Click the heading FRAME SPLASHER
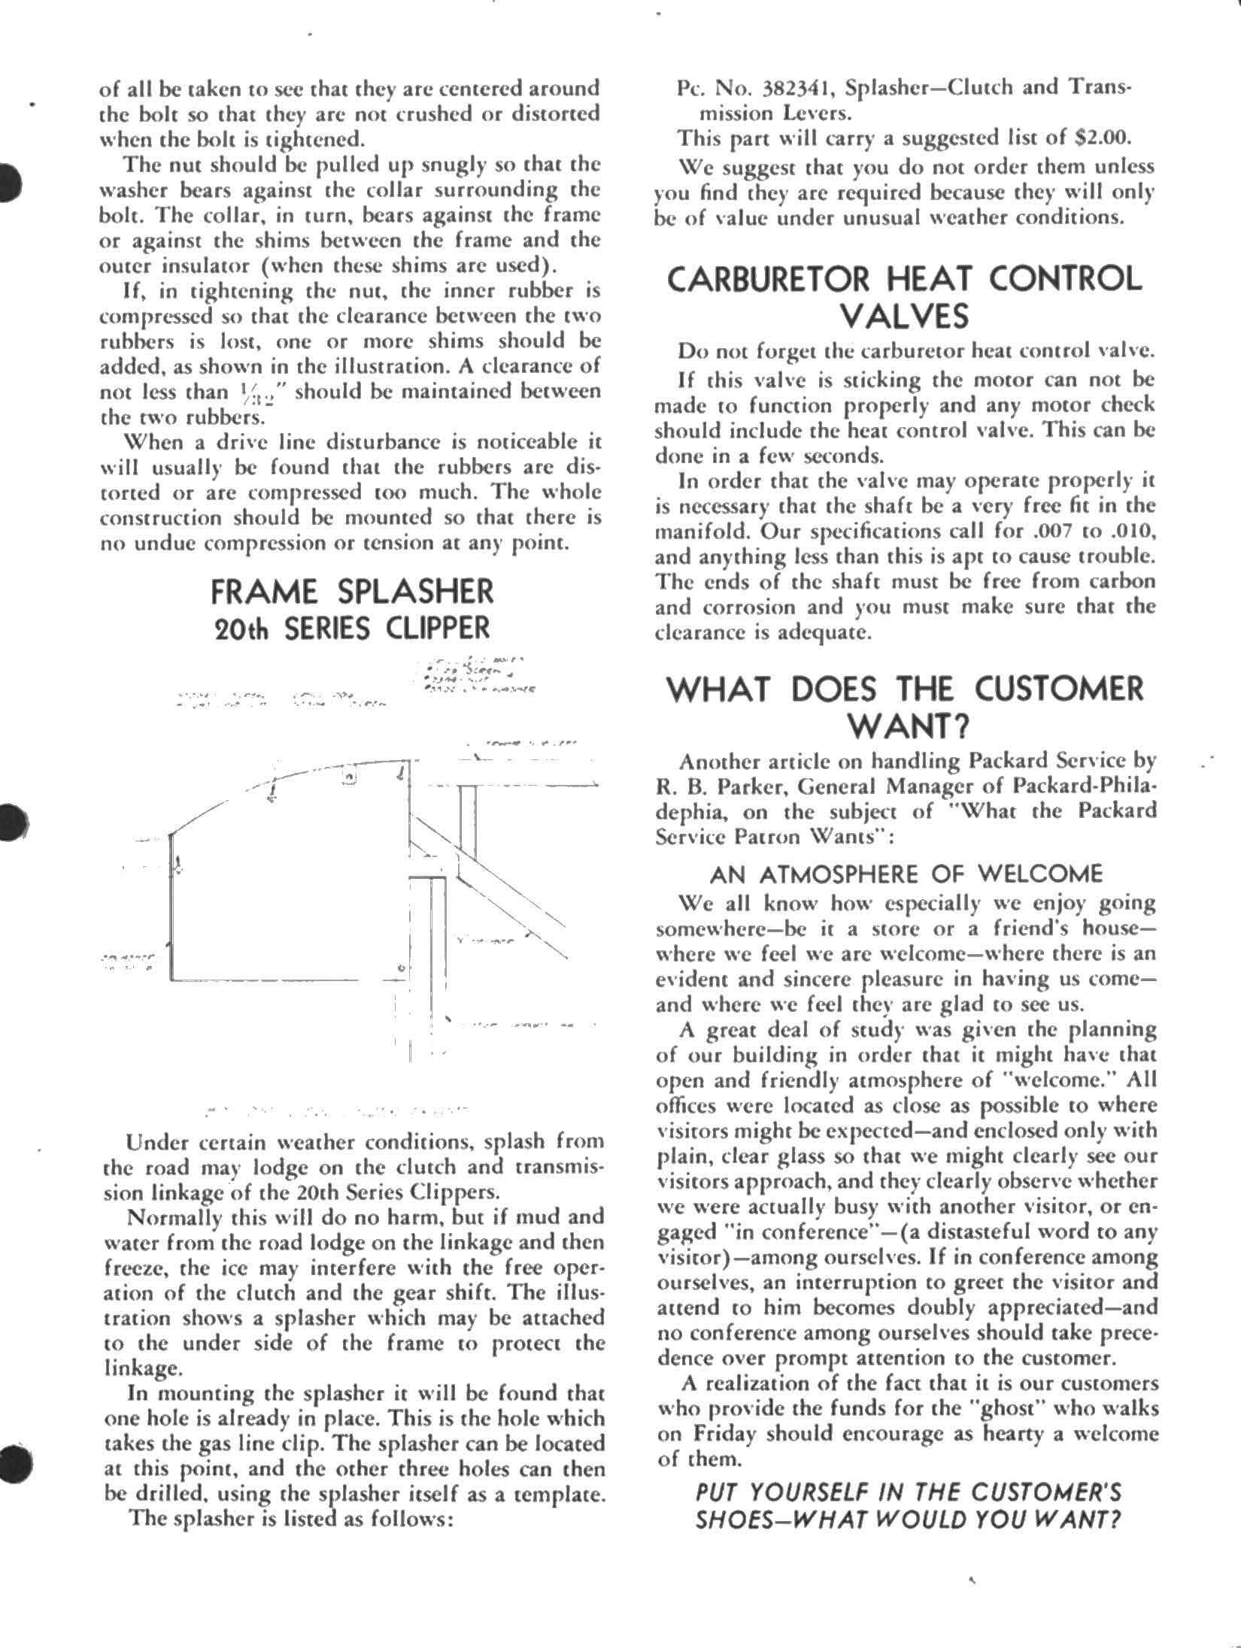tap(352, 592)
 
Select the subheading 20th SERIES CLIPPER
tap(352, 628)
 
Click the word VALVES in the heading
tap(904, 316)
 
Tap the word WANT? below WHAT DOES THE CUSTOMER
tap(909, 726)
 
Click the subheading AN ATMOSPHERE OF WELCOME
tap(906, 874)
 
